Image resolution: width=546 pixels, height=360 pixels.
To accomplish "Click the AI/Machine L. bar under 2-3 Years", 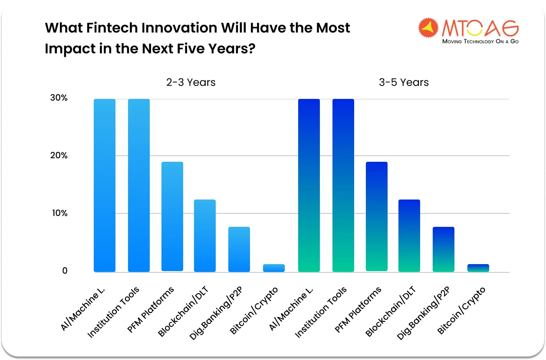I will [x=105, y=185].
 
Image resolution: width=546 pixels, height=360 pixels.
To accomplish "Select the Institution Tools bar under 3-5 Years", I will [x=343, y=185].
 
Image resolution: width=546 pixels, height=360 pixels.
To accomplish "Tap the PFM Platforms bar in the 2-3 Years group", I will [x=172, y=216].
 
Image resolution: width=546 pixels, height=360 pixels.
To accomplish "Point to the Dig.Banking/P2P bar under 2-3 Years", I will [x=239, y=249].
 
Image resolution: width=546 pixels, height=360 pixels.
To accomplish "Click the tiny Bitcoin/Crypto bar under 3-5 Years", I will [x=478, y=268].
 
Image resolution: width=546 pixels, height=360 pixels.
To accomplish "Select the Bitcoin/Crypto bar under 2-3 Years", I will [x=274, y=268].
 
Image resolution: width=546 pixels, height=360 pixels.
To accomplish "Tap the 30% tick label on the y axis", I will [x=59, y=98].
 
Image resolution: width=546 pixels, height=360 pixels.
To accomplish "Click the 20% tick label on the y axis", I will [x=59, y=156].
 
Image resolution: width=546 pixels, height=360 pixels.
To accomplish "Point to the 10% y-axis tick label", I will [x=59, y=213].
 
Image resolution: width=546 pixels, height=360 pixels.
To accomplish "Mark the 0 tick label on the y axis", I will [x=65, y=271].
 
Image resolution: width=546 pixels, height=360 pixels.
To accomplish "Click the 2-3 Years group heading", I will [x=191, y=82].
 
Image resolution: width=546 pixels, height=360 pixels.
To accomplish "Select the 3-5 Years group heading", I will [x=404, y=82].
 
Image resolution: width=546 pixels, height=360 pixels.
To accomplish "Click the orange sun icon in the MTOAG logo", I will [x=428, y=28].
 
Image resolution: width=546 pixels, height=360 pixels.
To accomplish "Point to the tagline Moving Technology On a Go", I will [x=480, y=42].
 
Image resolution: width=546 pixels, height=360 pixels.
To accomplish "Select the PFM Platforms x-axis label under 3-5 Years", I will [x=359, y=310].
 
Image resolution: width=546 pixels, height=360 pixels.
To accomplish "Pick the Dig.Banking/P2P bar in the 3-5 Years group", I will [x=444, y=249].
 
